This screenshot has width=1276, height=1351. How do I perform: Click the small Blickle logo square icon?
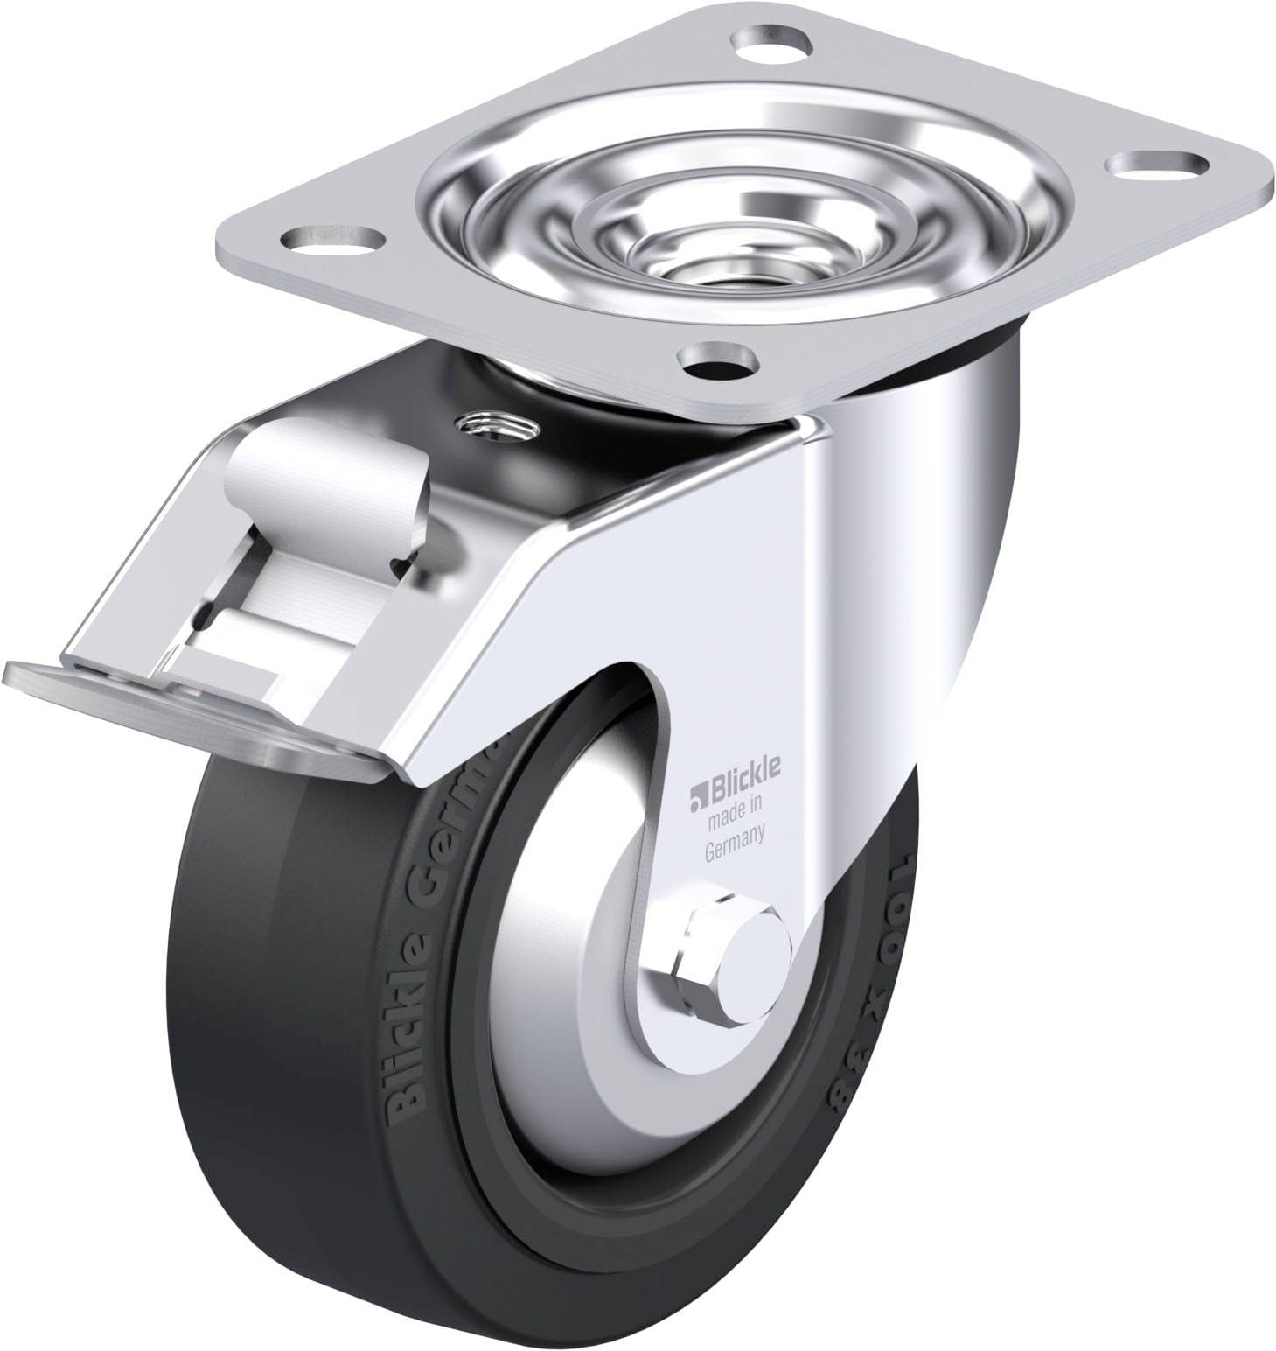tap(696, 773)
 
